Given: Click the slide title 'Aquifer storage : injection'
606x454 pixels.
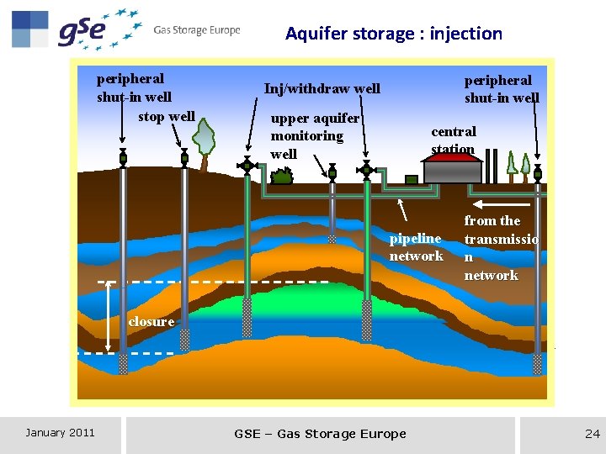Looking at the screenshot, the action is [394, 34].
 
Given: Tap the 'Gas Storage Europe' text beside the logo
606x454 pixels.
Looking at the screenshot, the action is [197, 30].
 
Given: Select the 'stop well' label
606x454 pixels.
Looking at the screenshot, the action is [167, 116].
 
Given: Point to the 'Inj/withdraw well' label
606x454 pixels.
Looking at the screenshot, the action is [322, 88].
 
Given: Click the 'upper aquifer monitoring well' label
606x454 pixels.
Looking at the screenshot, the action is [314, 136].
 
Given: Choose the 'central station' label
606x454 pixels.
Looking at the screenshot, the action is [454, 140].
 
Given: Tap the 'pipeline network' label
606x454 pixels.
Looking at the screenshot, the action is [416, 247].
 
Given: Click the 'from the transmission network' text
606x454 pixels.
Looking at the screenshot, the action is [501, 247].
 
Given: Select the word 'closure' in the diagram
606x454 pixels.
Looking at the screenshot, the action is [151, 321].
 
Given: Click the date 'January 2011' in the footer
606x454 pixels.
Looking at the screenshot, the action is [60, 433].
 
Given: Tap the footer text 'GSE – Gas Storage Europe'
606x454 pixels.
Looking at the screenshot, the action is [320, 434].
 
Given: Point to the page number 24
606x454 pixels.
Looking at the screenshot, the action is [592, 434].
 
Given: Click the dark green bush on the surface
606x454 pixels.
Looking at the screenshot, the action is [282, 176].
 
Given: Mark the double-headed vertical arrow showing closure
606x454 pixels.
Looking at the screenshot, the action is [109, 318].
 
